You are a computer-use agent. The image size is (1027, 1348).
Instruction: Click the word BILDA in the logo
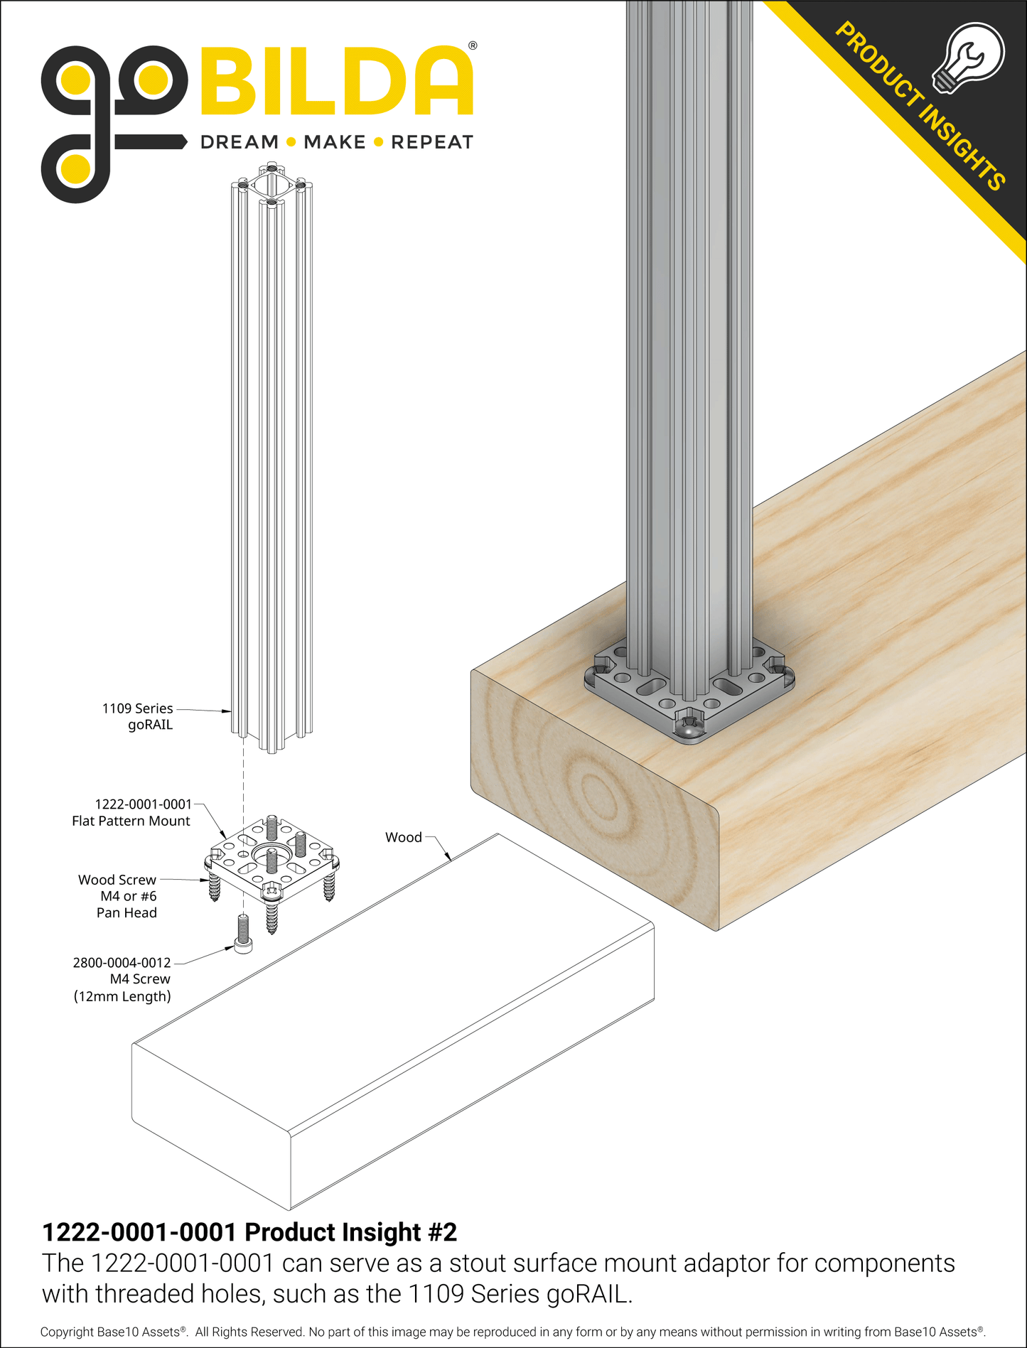point(336,82)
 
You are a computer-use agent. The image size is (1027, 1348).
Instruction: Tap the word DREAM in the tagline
point(240,142)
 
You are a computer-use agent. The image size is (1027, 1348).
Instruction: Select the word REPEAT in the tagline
point(432,142)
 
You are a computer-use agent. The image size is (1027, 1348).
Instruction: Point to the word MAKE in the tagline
point(334,142)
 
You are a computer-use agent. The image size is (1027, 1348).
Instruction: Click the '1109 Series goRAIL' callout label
point(138,716)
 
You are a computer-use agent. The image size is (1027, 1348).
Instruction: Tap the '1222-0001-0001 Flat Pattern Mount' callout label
point(131,812)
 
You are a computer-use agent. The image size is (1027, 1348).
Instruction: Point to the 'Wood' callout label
point(403,837)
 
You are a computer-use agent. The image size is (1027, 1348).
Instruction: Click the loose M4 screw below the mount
point(243,934)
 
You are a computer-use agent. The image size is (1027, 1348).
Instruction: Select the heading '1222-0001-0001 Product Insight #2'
point(249,1232)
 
